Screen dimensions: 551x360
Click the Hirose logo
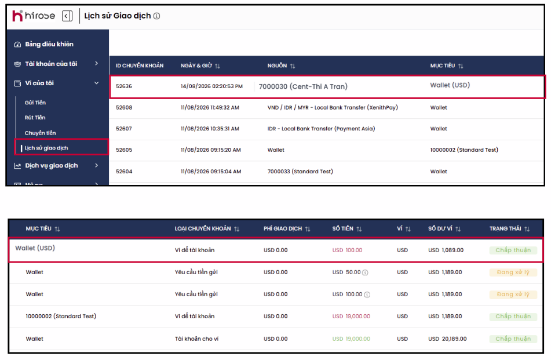[34, 16]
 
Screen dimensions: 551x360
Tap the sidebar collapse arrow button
[67, 16]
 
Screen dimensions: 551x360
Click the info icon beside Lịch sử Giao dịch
[157, 16]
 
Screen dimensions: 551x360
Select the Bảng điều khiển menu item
[49, 44]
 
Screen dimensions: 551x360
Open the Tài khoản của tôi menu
[51, 64]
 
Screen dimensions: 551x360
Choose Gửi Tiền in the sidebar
[35, 103]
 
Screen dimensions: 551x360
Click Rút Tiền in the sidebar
[35, 118]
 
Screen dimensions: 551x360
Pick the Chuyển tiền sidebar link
[40, 133]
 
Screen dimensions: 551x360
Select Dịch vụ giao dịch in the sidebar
[52, 166]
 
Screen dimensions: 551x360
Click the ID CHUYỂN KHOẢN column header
[140, 66]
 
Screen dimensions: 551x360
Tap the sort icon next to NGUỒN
[293, 66]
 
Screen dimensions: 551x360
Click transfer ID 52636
[123, 86]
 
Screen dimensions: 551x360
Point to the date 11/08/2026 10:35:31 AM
[210, 129]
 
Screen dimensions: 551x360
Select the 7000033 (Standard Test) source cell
[300, 172]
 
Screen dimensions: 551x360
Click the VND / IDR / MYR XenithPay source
[333, 108]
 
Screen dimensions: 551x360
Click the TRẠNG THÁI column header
[505, 228]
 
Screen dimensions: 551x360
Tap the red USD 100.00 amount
[347, 250]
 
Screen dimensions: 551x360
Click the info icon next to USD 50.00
[365, 272]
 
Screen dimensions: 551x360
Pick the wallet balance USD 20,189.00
[447, 339]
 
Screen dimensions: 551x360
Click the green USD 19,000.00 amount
[351, 339]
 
